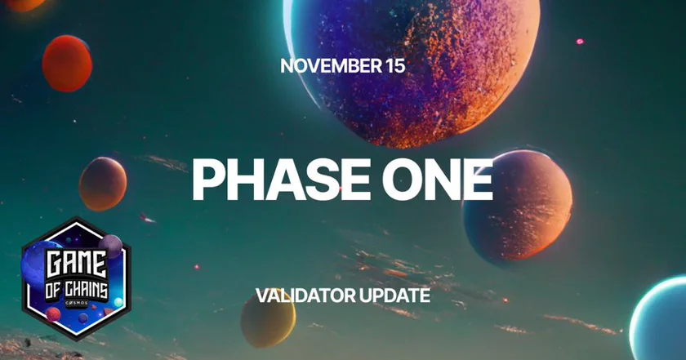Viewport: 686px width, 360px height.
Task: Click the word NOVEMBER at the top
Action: [x=332, y=66]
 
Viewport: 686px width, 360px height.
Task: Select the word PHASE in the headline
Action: [x=282, y=180]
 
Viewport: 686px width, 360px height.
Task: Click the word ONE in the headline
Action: [x=438, y=180]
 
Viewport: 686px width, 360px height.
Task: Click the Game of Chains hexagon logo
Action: [x=76, y=278]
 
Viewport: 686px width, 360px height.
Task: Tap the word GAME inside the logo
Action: [x=77, y=264]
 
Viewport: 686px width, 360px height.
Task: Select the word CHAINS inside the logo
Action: [x=87, y=291]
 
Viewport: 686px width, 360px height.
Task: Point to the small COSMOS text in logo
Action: [x=77, y=303]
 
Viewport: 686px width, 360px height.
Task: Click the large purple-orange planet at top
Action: [x=412, y=70]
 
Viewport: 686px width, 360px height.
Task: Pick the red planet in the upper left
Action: [x=67, y=64]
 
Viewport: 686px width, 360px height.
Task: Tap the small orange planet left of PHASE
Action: [x=103, y=184]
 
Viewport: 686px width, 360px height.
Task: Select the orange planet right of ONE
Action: [x=518, y=206]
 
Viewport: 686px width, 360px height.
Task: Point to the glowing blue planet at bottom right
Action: [x=657, y=318]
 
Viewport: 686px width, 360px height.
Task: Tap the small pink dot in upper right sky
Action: [x=580, y=42]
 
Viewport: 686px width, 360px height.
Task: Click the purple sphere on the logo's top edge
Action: [x=111, y=247]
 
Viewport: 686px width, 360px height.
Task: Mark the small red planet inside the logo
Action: [x=53, y=314]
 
